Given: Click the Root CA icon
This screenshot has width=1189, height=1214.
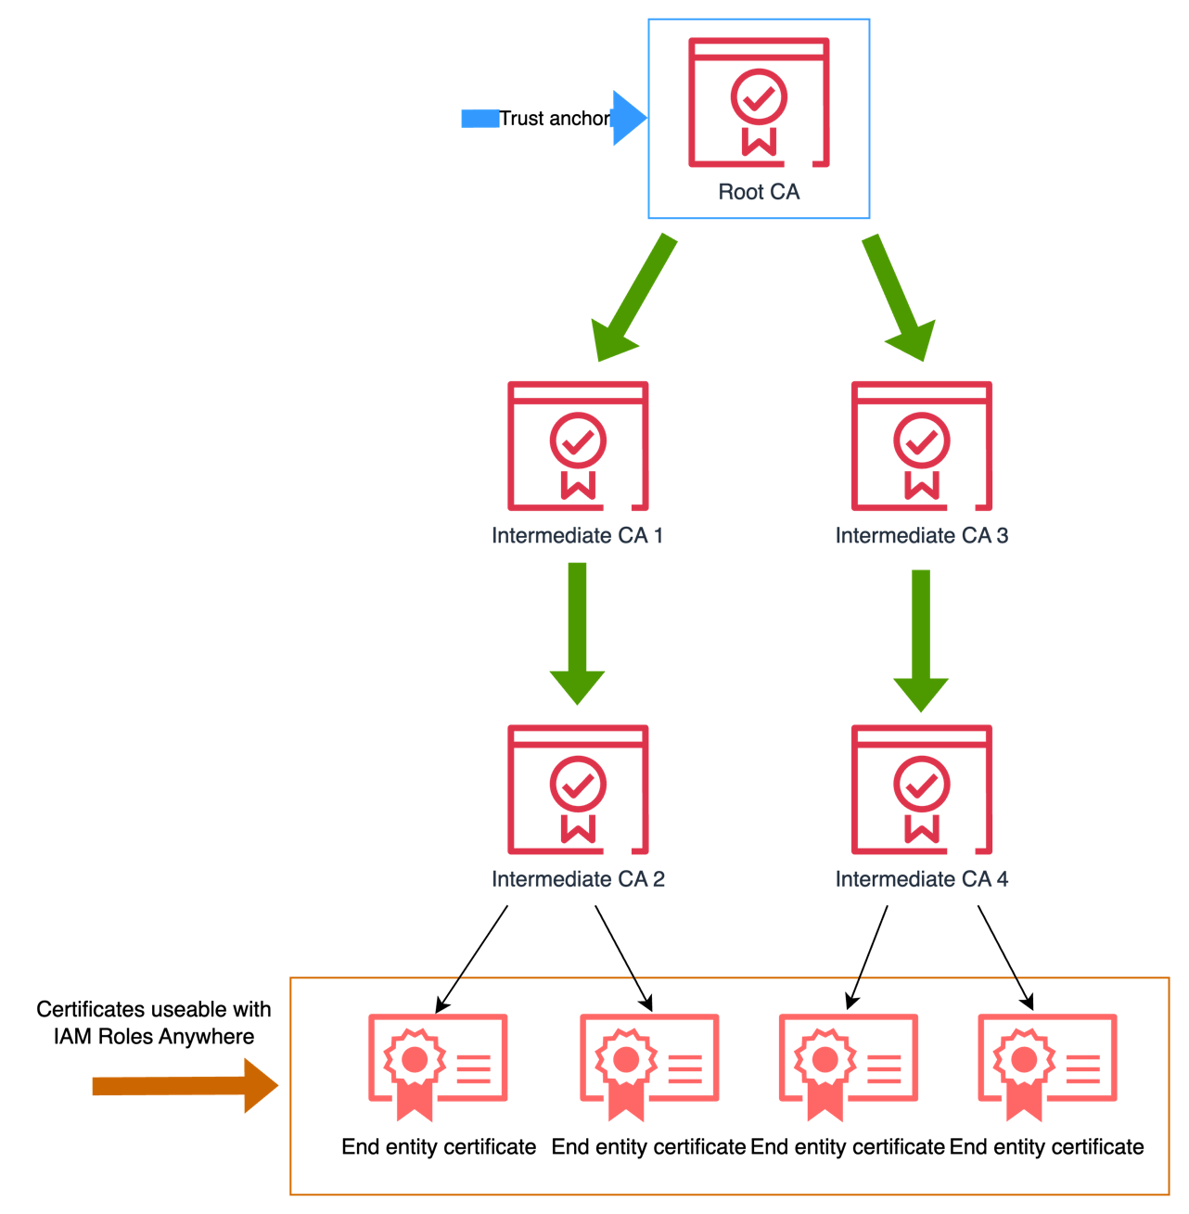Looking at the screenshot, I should tap(759, 103).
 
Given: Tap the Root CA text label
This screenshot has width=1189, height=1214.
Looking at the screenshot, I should tap(759, 192).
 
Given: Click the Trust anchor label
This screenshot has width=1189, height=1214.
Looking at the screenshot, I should tap(554, 119).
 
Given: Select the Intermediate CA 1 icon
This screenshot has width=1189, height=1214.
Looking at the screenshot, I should tap(578, 446).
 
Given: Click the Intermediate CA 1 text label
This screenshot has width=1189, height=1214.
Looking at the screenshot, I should tap(577, 536).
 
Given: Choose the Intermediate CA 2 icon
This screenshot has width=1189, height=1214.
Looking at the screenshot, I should tap(578, 790).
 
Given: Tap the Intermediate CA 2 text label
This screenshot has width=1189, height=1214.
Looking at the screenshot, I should tap(578, 879).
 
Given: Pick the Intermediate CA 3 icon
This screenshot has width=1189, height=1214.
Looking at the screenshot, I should tap(922, 446).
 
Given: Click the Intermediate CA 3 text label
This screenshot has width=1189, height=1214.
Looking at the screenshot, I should tap(921, 536).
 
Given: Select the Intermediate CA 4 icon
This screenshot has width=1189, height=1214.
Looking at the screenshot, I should tap(922, 790).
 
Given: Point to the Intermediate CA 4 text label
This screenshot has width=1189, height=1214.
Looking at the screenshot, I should tap(921, 879).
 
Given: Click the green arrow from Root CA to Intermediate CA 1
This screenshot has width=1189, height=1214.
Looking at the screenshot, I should tap(636, 297).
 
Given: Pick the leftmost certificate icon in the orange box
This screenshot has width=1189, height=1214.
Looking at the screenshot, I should tap(438, 1067).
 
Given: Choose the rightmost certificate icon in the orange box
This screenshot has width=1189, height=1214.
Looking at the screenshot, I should tap(1047, 1067).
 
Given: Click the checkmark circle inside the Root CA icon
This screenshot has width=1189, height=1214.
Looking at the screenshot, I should tap(759, 96).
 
